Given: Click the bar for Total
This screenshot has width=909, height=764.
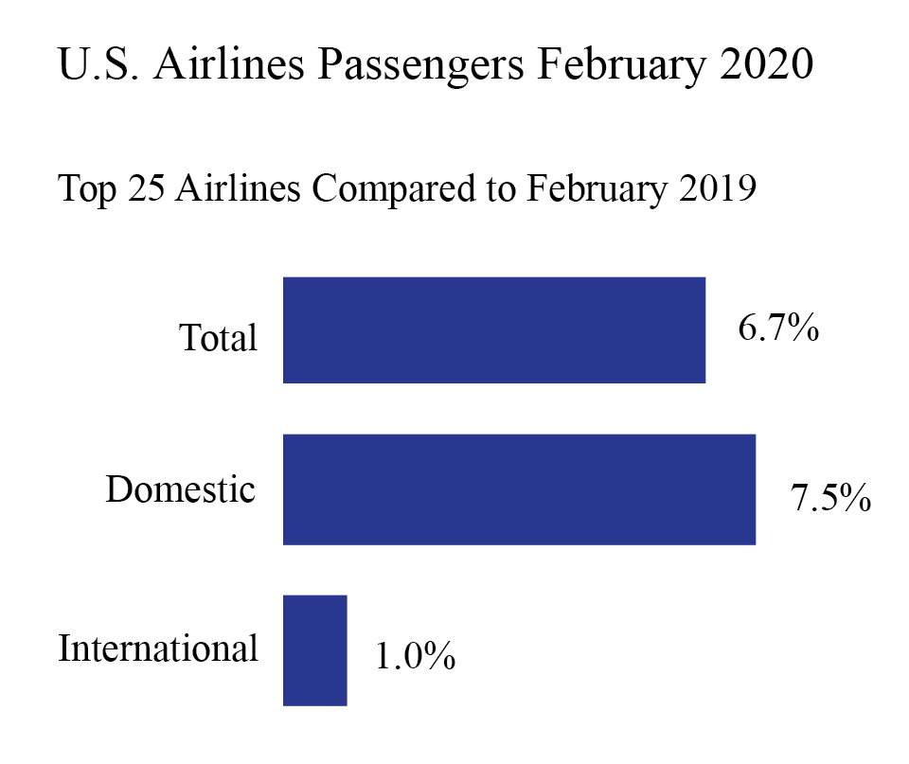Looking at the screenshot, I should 493,330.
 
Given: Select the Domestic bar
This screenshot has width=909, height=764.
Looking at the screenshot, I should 519,489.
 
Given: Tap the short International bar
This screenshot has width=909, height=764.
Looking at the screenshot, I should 315,650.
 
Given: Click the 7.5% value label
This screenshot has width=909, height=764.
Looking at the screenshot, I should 830,497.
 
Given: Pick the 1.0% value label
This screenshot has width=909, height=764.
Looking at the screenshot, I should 415,656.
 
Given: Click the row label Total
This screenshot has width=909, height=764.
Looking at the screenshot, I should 219,338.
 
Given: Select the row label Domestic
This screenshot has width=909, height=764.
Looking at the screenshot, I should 180,490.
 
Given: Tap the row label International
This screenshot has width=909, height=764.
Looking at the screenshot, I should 158,649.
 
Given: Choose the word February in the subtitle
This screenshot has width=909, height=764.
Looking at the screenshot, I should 583,189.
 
